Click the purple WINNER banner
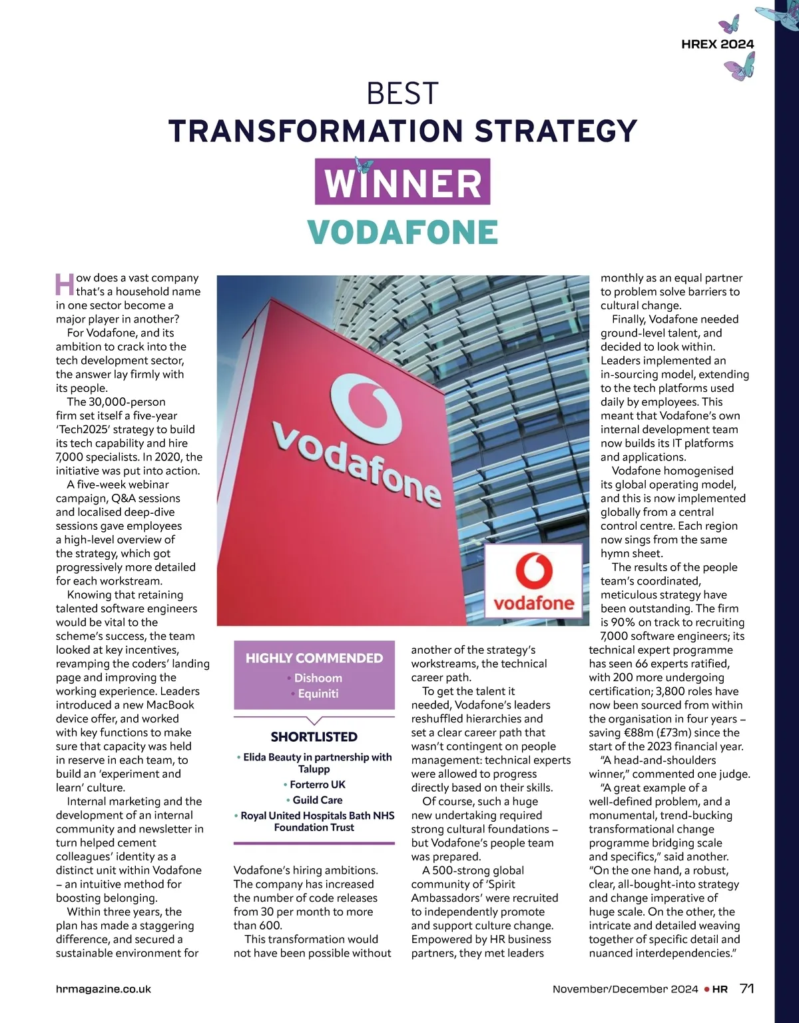(403, 181)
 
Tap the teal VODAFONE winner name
(403, 232)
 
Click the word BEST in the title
(403, 94)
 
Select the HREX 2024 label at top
(718, 44)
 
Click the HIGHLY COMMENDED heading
(314, 658)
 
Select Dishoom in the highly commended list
(318, 678)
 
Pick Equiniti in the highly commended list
(318, 694)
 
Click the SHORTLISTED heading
(314, 737)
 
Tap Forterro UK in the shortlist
(317, 784)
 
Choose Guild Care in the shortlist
(317, 800)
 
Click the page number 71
(747, 989)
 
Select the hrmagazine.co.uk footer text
(103, 990)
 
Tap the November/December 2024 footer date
(625, 990)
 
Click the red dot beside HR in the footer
(707, 990)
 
